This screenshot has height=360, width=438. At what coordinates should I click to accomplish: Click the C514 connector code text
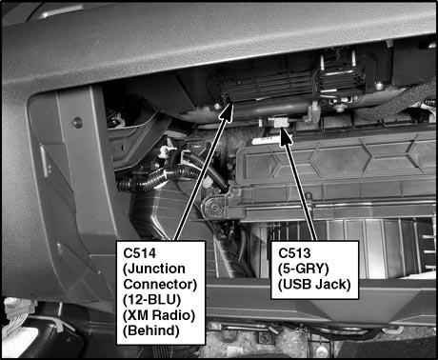point(140,253)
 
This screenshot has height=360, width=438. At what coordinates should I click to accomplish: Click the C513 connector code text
point(294,253)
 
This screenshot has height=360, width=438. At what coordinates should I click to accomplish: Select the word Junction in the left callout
point(154,270)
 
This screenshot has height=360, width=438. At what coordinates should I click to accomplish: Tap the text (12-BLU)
point(151,300)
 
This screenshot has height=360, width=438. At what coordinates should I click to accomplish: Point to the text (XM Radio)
point(159,315)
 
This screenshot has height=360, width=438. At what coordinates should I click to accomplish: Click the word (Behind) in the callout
point(151,330)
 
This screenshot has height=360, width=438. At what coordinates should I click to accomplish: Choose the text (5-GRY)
point(303,270)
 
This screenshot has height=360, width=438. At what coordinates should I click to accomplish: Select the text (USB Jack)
point(314,285)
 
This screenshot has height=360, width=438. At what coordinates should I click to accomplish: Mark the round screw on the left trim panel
point(77,122)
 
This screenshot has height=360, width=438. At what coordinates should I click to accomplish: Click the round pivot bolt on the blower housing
point(214,208)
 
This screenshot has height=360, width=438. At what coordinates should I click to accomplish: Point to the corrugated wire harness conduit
point(173,176)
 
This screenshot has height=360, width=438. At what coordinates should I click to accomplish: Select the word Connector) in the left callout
point(160,285)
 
